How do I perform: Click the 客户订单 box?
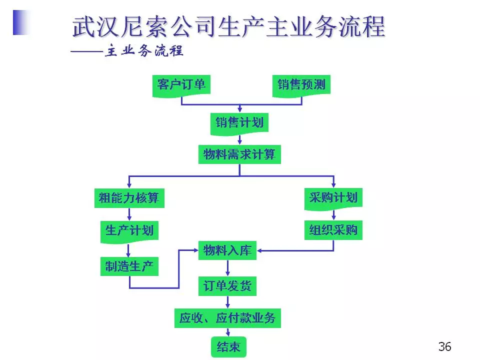tap(181, 84)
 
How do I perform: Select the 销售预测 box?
tap(301, 84)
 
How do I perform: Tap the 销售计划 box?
tap(239, 122)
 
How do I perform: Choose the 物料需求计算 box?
tap(239, 154)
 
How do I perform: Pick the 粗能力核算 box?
tap(129, 198)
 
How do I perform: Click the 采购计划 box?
tap(333, 197)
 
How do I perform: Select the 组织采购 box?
tap(333, 230)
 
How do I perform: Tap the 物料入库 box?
tap(228, 250)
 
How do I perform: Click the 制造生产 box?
tap(129, 266)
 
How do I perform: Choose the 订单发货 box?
tap(228, 286)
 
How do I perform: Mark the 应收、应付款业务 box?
tap(227, 318)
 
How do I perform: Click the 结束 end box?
tap(228, 346)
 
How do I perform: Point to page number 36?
tap(444, 346)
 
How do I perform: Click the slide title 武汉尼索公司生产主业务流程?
tap(229, 27)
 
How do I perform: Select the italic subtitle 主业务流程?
tap(143, 52)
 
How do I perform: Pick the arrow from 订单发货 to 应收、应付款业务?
tap(228, 302)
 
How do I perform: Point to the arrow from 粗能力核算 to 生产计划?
tap(129, 214)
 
